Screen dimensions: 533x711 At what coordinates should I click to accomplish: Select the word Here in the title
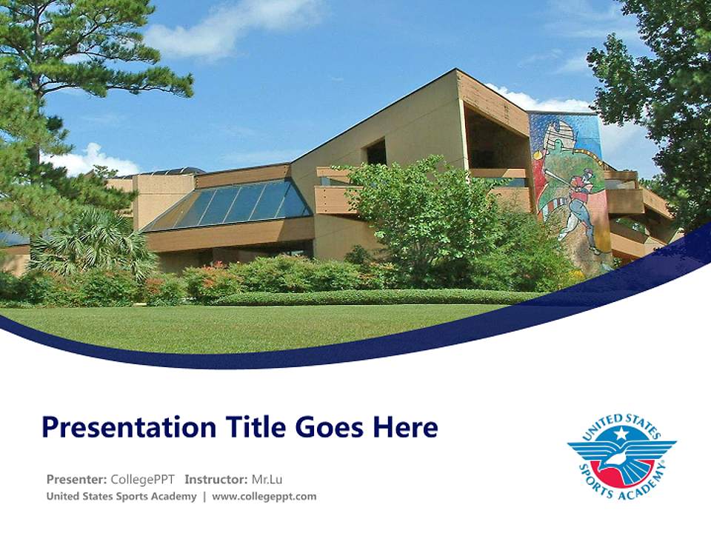[404, 427]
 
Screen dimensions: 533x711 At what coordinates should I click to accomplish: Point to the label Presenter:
[76, 479]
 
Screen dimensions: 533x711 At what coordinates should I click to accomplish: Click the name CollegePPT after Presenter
[142, 479]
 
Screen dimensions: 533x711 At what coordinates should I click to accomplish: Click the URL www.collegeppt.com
[264, 496]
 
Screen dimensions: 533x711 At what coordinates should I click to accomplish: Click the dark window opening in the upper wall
[376, 152]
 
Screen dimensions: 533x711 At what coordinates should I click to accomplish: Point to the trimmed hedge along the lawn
[370, 298]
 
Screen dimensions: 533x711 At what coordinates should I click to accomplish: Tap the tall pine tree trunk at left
[33, 111]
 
